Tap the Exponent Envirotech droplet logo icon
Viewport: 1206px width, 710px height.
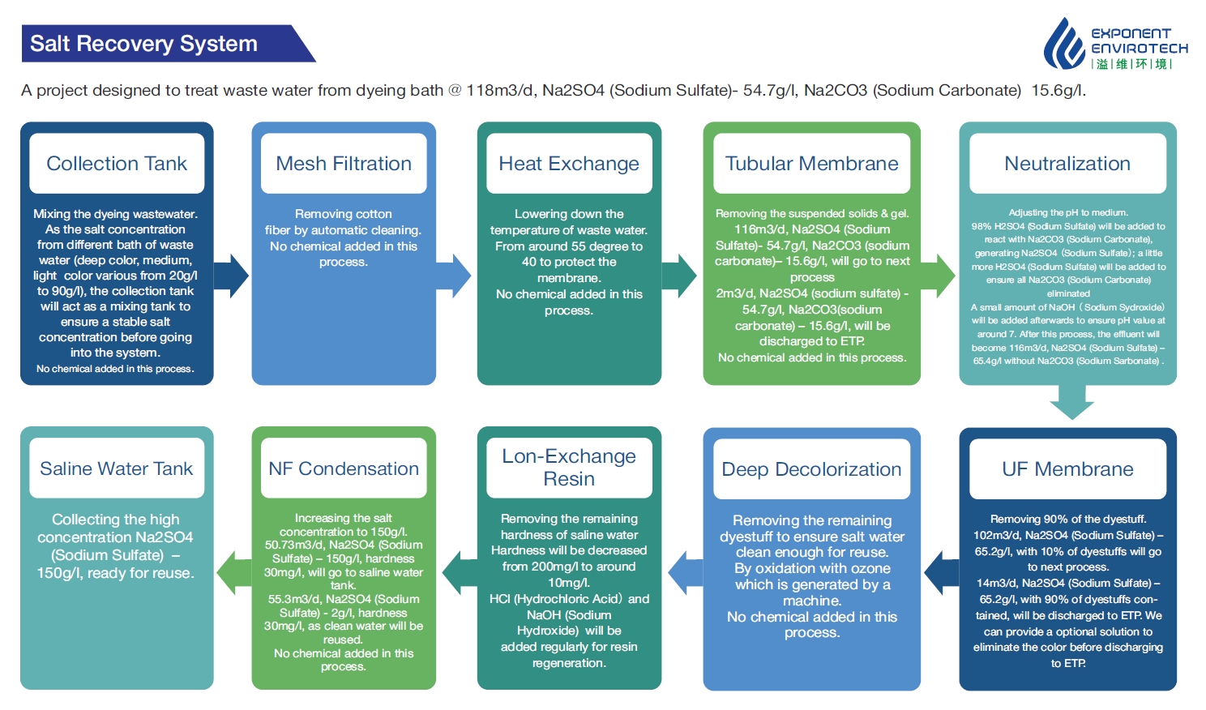[x=1064, y=44]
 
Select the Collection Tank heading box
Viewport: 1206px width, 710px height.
[x=117, y=163]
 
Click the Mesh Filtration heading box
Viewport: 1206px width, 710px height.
[x=344, y=163]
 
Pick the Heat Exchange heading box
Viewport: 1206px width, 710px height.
[x=569, y=163]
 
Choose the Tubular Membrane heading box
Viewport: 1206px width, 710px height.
[x=812, y=163]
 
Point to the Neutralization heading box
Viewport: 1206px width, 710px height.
[x=1067, y=163]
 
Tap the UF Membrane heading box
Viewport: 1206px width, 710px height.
[x=1067, y=468]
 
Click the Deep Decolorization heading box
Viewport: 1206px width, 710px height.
[x=812, y=468]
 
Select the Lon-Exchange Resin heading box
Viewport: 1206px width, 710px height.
[x=569, y=468]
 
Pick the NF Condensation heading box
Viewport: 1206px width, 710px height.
[x=344, y=468]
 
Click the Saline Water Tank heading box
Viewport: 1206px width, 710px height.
[x=117, y=468]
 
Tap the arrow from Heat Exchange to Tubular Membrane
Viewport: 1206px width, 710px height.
[x=679, y=276]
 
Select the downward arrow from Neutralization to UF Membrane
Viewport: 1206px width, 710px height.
[x=1071, y=402]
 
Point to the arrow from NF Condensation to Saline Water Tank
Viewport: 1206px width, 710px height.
[x=234, y=573]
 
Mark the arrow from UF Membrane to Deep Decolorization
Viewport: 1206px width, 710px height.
[x=942, y=573]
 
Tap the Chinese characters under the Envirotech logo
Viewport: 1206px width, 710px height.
[x=1131, y=64]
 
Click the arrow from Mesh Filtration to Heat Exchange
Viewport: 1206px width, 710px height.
[x=454, y=276]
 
